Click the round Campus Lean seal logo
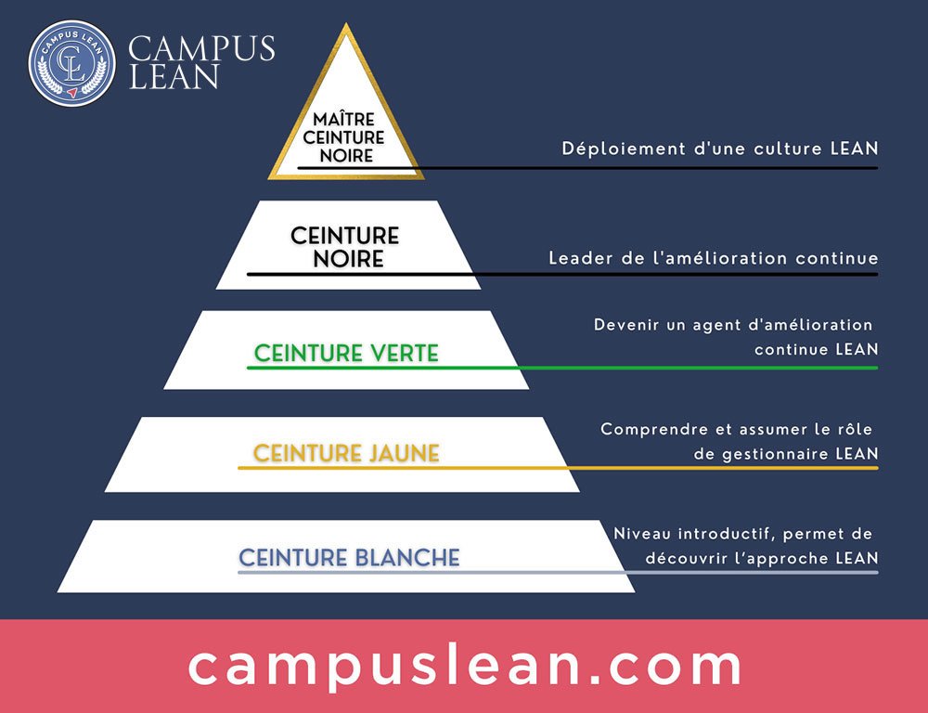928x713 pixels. [x=72, y=63]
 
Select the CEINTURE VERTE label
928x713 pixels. [x=346, y=354]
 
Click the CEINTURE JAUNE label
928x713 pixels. [x=346, y=454]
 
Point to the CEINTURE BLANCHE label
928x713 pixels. [x=349, y=558]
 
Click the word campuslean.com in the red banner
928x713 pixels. [x=465, y=666]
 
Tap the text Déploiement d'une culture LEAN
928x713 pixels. [x=720, y=149]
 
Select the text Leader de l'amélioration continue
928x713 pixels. [x=714, y=257]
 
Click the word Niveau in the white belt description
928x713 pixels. [x=639, y=534]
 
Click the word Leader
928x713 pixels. [x=575, y=257]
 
